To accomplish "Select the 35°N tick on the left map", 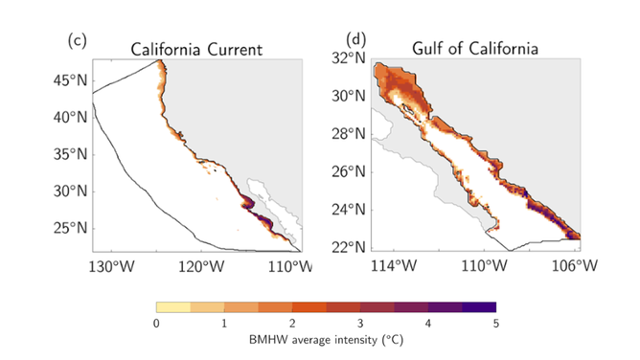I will [x=68, y=154].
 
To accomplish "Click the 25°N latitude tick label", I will [x=68, y=228].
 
